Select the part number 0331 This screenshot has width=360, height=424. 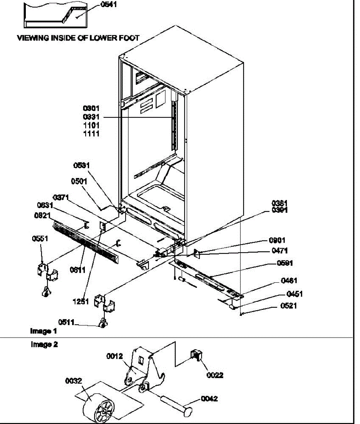point(91,117)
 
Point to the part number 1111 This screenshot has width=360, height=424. point(91,134)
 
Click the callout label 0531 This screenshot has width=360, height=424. point(82,165)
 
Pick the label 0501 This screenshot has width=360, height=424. point(79,181)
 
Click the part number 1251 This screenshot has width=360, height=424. point(81,302)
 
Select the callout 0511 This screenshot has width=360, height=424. point(66,322)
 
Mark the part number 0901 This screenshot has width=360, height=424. point(277,241)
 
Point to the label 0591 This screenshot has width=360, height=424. point(285,263)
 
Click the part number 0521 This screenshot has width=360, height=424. point(289,306)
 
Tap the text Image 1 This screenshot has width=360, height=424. point(43,331)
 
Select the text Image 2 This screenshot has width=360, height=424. point(44,344)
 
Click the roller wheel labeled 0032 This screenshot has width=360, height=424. point(97,408)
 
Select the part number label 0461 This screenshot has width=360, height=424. point(289,281)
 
